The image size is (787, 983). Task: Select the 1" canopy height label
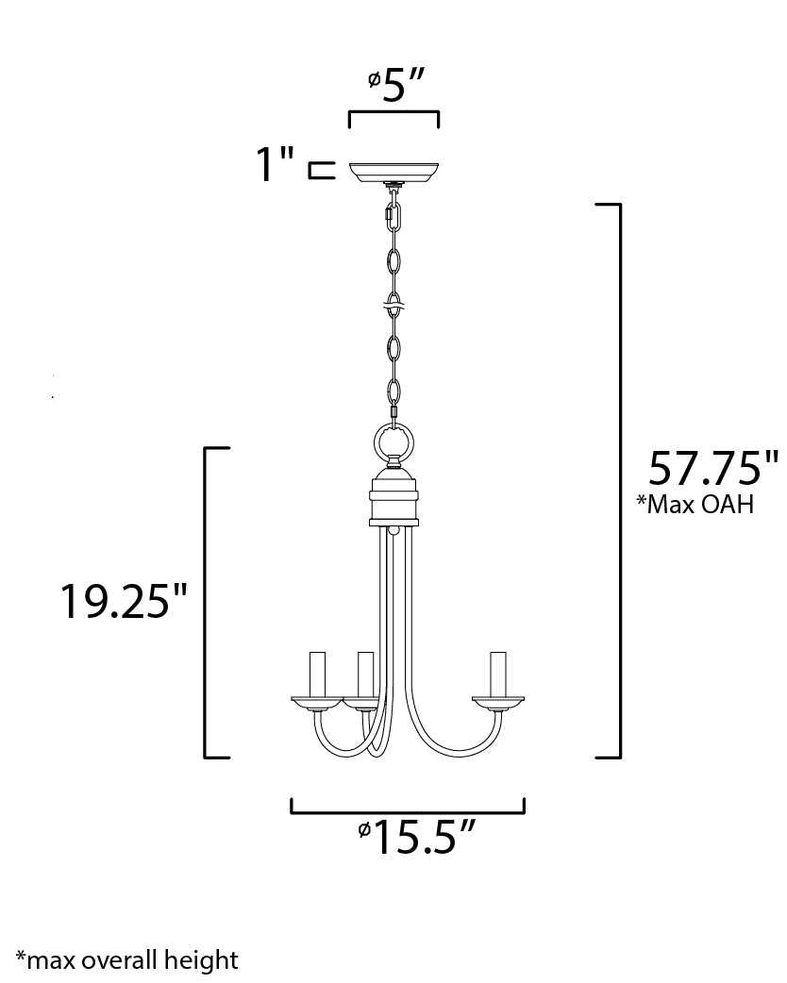pos(275,165)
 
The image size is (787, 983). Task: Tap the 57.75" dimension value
pos(712,468)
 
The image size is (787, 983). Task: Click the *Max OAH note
pos(695,505)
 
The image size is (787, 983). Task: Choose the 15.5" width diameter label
pos(414,837)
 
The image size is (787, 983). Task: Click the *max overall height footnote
pos(126,960)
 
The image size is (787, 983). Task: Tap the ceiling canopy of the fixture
pos(393,172)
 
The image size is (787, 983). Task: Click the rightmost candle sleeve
pos(497,674)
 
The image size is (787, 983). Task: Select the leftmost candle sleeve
pos(316,674)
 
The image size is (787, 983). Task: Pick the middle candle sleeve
pos(364,674)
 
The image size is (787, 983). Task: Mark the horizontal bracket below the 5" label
pos(393,114)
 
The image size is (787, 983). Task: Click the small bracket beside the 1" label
pos(322,171)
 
